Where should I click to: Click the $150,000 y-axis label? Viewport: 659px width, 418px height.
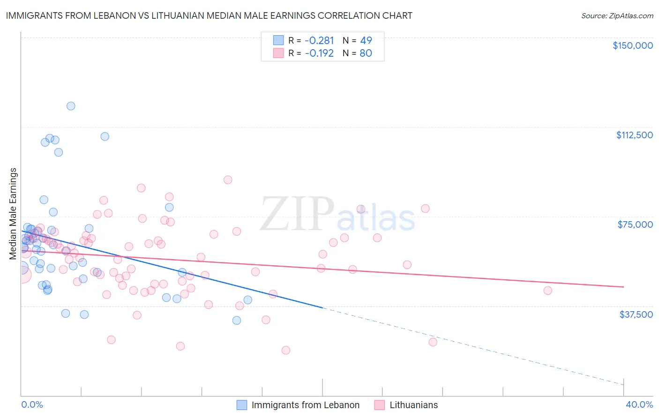click(633, 45)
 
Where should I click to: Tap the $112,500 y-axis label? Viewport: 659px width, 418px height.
click(634, 135)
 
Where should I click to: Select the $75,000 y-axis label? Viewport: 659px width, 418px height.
click(635, 224)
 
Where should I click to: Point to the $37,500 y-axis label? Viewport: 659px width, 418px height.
click(636, 314)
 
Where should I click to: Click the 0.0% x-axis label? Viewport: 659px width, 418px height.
click(32, 404)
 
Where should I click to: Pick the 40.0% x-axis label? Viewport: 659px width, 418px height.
click(639, 404)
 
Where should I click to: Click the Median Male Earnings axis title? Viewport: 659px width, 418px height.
click(13, 214)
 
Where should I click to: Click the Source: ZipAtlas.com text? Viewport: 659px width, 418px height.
click(617, 15)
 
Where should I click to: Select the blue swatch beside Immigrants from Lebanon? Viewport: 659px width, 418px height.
click(242, 405)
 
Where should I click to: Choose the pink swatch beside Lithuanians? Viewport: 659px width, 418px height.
click(380, 405)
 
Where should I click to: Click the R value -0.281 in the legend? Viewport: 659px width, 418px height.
click(319, 40)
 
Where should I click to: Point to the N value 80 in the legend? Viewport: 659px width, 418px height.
click(366, 53)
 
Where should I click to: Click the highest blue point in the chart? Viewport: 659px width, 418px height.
click(71, 106)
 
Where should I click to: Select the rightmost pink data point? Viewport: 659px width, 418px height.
click(547, 291)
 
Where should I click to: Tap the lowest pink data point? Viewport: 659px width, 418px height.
click(285, 350)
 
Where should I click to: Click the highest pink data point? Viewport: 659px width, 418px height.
click(228, 179)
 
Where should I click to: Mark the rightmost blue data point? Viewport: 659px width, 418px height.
click(248, 300)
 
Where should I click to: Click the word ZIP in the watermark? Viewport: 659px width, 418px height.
click(297, 214)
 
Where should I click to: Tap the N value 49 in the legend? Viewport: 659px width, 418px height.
click(366, 40)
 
